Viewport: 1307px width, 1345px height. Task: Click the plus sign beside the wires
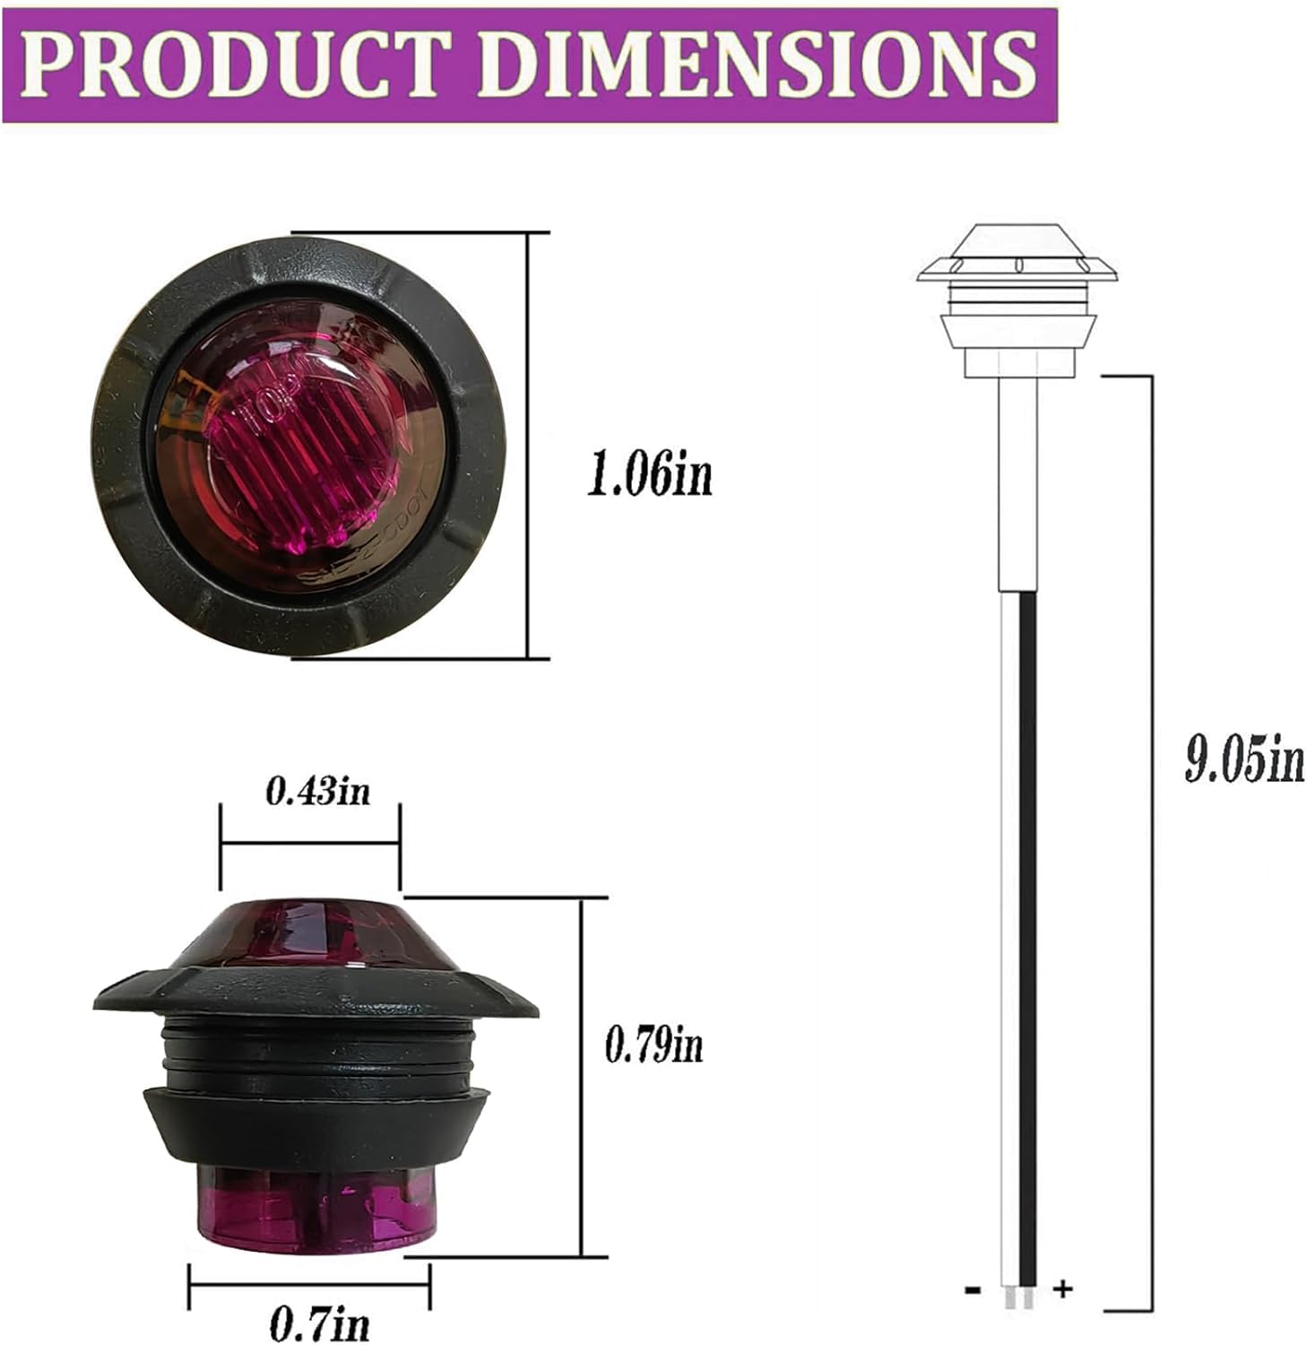pos(1062,1289)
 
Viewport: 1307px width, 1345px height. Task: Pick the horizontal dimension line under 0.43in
pos(309,843)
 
